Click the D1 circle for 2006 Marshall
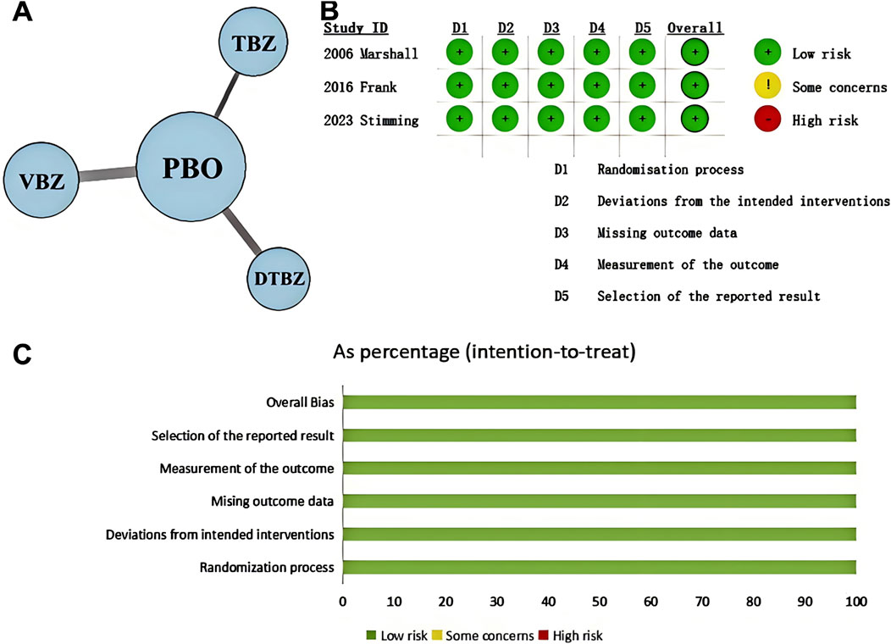point(460,53)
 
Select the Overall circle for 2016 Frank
point(695,86)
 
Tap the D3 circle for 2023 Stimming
point(551,119)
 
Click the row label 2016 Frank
point(361,86)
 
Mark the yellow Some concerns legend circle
point(766,86)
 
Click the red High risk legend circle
point(766,119)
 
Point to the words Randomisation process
point(670,169)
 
